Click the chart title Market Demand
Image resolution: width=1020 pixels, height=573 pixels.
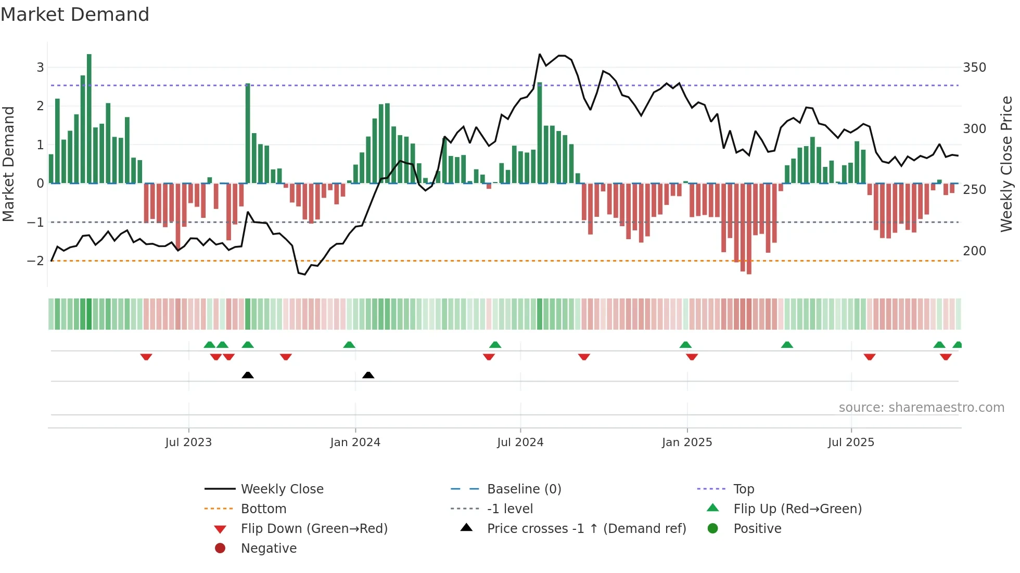pyautogui.click(x=75, y=15)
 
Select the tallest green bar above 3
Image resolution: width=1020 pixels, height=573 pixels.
pyautogui.click(x=89, y=119)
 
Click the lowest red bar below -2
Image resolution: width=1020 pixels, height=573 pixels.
pyautogui.click(x=749, y=229)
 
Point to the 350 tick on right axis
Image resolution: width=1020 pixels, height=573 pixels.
pyautogui.click(x=974, y=68)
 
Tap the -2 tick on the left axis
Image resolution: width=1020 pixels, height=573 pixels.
pyautogui.click(x=35, y=261)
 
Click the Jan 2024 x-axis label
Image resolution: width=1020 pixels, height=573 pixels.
pyautogui.click(x=355, y=442)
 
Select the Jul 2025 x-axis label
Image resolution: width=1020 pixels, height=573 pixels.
pyautogui.click(x=851, y=442)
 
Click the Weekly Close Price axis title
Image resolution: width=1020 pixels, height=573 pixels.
pyautogui.click(x=1006, y=164)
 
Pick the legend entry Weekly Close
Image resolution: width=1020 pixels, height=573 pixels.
pyautogui.click(x=282, y=489)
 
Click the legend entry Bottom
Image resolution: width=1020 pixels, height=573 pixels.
pyautogui.click(x=263, y=509)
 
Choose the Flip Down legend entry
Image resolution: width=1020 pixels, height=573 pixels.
pyautogui.click(x=314, y=529)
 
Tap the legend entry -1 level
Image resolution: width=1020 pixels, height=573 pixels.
pyautogui.click(x=509, y=509)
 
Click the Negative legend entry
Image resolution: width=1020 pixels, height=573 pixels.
pyautogui.click(x=269, y=549)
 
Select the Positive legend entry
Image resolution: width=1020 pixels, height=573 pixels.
pyautogui.click(x=757, y=529)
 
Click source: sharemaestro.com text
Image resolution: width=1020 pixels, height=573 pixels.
pyautogui.click(x=921, y=408)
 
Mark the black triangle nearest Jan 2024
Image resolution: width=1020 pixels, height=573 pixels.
pyautogui.click(x=368, y=375)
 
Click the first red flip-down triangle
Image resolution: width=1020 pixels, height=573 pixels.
pyautogui.click(x=146, y=357)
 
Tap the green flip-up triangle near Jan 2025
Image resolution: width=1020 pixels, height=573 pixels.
pyautogui.click(x=685, y=345)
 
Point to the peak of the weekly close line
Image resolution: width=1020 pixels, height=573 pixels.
pyautogui.click(x=540, y=54)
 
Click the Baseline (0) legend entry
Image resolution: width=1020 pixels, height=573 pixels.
pyautogui.click(x=524, y=489)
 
